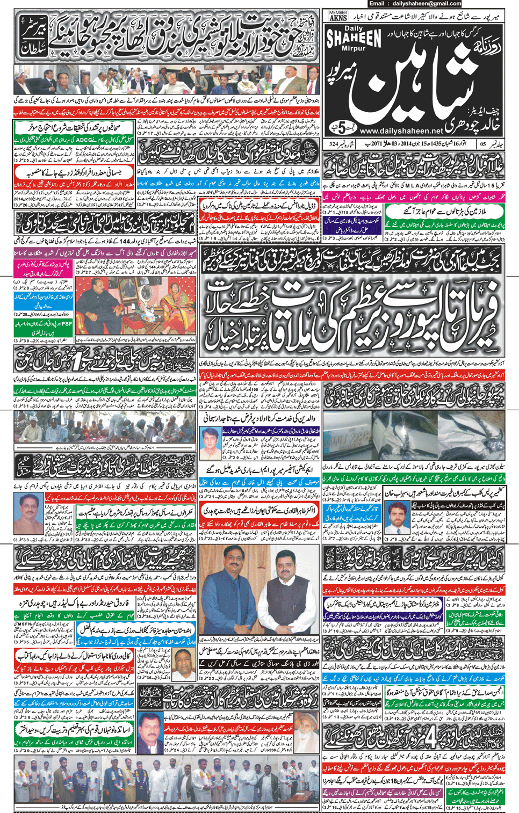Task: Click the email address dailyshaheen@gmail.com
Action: point(423,4)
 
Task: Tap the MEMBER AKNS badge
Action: point(338,15)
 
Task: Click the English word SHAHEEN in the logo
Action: point(354,38)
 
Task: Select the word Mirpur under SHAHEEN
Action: point(352,48)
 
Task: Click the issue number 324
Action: point(334,144)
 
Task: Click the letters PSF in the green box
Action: point(67,324)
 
